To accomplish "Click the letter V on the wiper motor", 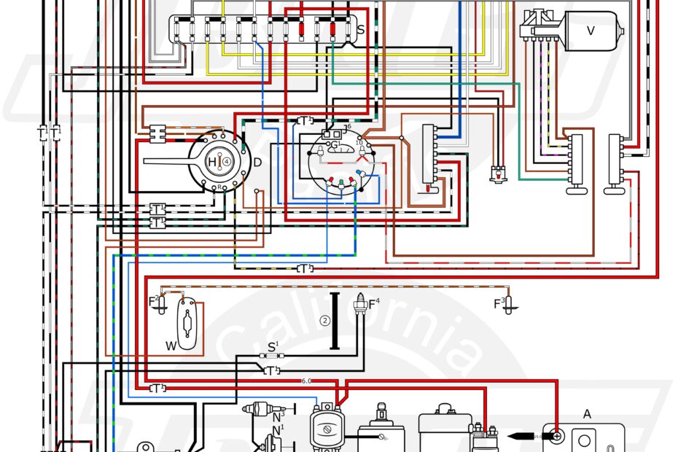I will coord(591,30).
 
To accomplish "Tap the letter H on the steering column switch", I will coord(212,161).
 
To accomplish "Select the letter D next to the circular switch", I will coord(257,161).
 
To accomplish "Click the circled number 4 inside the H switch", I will coord(227,161).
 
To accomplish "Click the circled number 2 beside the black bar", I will coord(325,320).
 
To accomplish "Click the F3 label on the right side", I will coord(499,301).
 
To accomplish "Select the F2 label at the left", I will coord(154,300).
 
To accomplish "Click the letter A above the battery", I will coord(587,414).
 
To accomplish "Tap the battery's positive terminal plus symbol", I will coord(557,437).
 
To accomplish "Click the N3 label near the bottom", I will coord(278,416).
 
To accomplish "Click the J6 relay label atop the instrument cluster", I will coord(347,128).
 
